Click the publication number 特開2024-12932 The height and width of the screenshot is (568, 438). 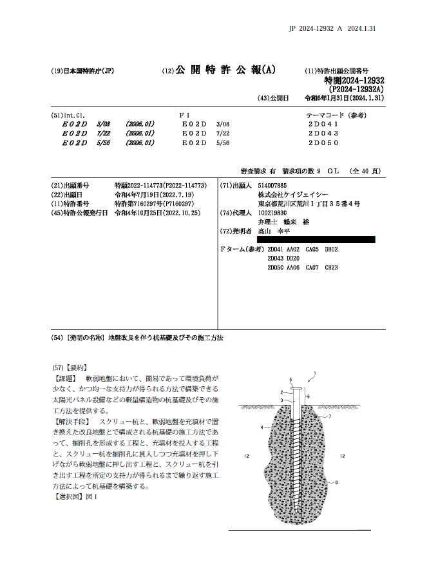point(354,80)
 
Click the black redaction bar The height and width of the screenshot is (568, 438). point(316,239)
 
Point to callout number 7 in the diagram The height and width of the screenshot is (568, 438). point(330,416)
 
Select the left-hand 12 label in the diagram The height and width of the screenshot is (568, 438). point(247,456)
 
